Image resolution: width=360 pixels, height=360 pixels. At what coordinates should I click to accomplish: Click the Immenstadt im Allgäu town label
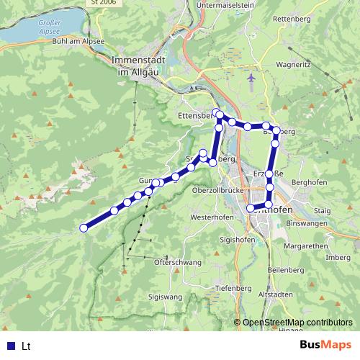143,67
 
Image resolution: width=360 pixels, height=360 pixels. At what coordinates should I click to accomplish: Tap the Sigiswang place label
164,296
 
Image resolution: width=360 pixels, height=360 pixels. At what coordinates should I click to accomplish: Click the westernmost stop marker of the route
84,228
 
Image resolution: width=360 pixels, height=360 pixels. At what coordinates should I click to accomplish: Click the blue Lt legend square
9,345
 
